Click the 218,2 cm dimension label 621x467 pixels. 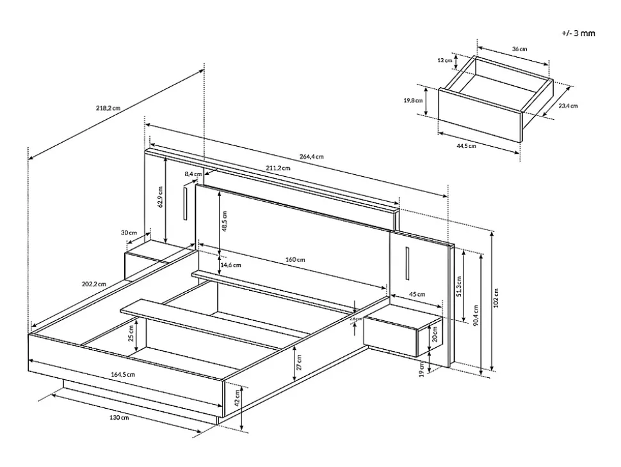pyautogui.click(x=108, y=108)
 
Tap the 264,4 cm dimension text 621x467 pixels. pyautogui.click(x=311, y=156)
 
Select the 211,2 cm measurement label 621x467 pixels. pyautogui.click(x=278, y=168)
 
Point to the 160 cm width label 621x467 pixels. pyautogui.click(x=295, y=259)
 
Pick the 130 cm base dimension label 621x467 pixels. pyautogui.click(x=120, y=418)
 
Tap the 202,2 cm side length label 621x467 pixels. pyautogui.click(x=93, y=283)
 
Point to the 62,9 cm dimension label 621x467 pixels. pyautogui.click(x=160, y=197)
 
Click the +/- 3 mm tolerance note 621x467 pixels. pyautogui.click(x=577, y=33)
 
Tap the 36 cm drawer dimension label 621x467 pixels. pyautogui.click(x=520, y=49)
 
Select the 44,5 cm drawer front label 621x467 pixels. pyautogui.click(x=466, y=145)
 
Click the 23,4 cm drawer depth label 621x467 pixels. pyautogui.click(x=568, y=106)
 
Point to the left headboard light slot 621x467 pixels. pyautogui.click(x=184, y=204)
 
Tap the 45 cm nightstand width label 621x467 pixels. pyautogui.click(x=417, y=295)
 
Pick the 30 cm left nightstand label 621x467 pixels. pyautogui.click(x=129, y=233)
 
